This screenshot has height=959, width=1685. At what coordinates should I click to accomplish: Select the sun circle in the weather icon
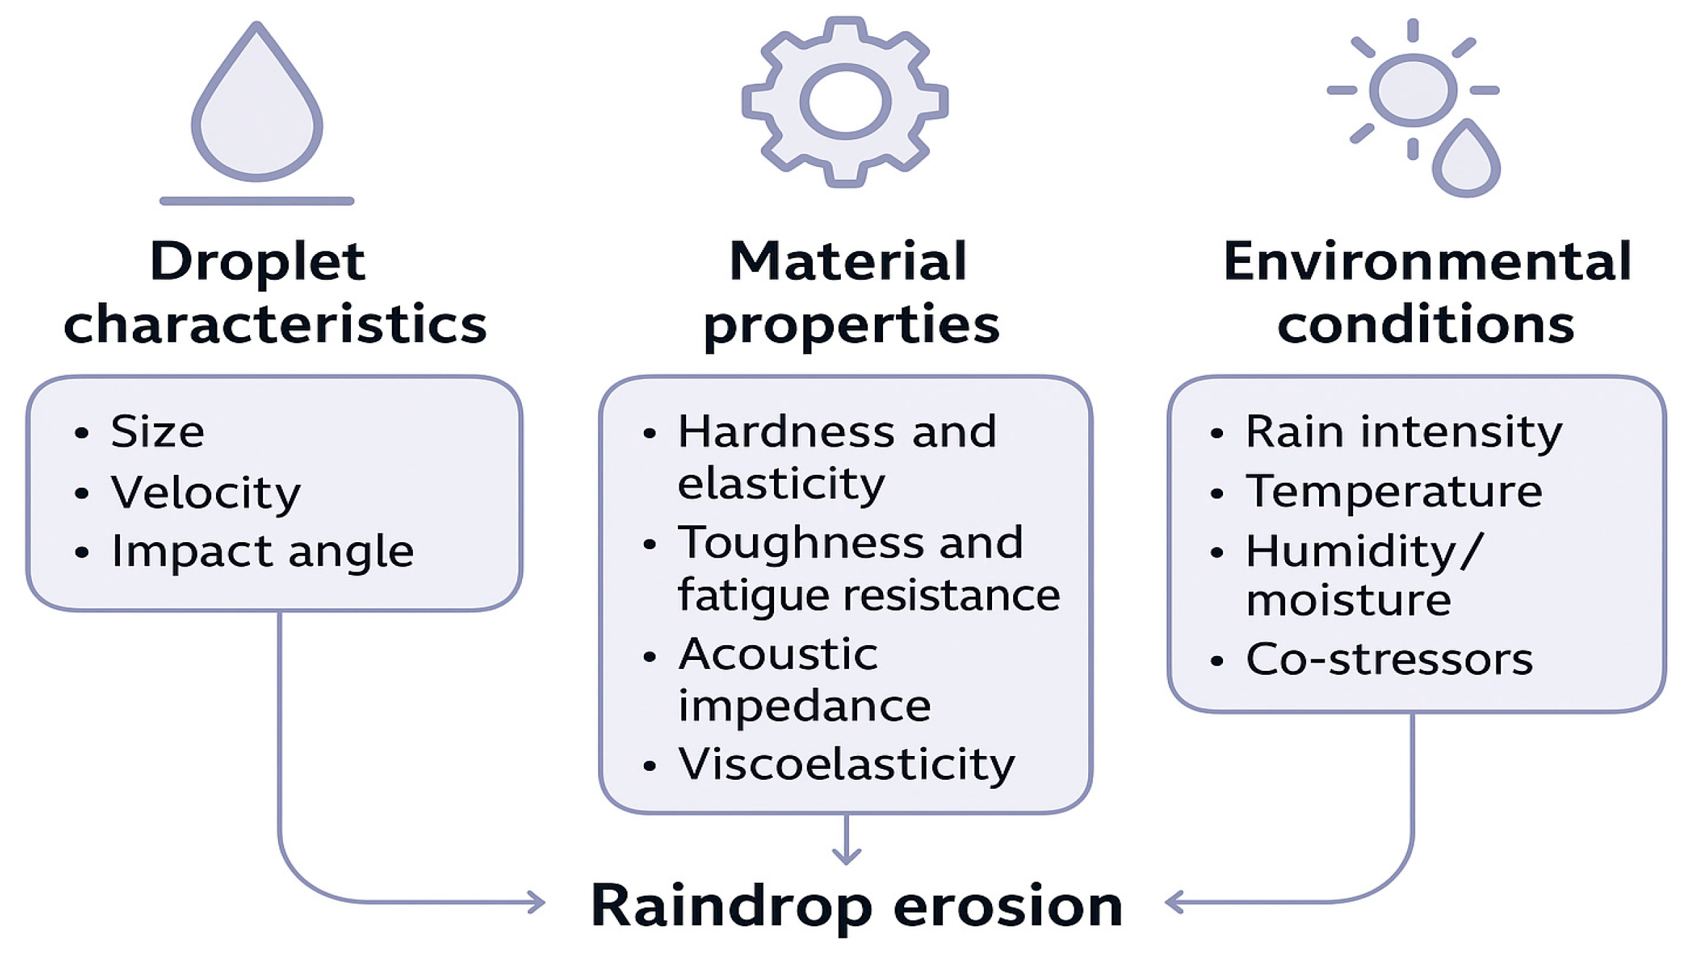[1412, 90]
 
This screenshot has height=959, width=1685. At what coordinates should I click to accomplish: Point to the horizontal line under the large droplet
[257, 201]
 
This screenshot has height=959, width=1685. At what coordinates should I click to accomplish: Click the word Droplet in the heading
[258, 262]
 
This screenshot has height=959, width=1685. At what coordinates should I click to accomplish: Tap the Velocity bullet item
[205, 492]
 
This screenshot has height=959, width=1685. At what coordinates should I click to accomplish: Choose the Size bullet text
[157, 432]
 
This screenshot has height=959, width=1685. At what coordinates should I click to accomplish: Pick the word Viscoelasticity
[846, 764]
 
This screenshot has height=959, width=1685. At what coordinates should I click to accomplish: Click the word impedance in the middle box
[804, 706]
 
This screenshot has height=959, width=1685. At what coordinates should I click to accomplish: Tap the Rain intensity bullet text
[1404, 432]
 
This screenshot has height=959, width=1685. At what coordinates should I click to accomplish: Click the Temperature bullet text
[1393, 491]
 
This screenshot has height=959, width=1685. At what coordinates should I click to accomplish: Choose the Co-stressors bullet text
[1389, 659]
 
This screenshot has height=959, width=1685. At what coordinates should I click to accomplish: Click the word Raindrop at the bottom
[731, 906]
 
